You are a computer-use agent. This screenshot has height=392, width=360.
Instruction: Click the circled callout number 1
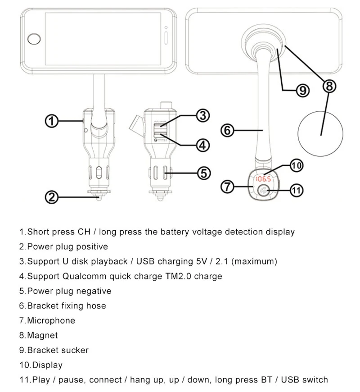click(x=52, y=121)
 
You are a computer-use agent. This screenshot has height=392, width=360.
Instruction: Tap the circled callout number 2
click(x=52, y=196)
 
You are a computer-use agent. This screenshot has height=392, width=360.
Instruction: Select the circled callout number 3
click(x=203, y=115)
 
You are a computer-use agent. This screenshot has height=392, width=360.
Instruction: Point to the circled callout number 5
click(x=204, y=172)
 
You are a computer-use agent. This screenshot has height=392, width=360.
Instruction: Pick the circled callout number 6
click(x=227, y=131)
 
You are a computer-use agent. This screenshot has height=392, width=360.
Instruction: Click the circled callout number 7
click(x=228, y=186)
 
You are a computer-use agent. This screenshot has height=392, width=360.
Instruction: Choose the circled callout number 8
click(x=330, y=86)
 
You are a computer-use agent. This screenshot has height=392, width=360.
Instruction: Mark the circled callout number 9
click(x=303, y=91)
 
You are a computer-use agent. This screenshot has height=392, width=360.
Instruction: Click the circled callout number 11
click(x=296, y=191)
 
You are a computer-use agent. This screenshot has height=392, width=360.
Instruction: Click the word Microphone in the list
click(x=51, y=320)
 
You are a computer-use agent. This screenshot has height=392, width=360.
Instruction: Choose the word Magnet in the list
click(x=42, y=335)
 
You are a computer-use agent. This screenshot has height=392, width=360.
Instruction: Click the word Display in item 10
click(x=47, y=365)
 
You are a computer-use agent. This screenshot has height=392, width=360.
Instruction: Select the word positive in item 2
click(x=93, y=246)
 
